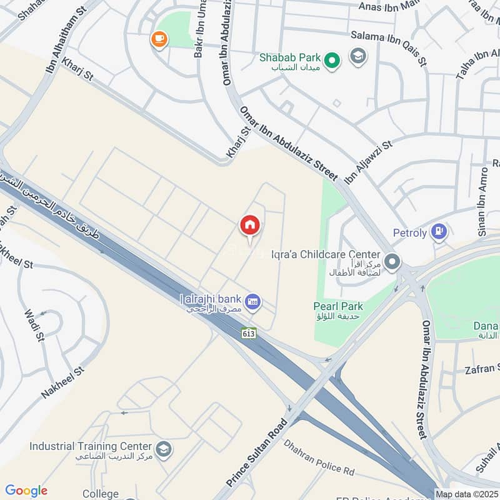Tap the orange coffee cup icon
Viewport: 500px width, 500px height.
(159, 39)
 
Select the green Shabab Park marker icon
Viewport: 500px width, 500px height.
(333, 60)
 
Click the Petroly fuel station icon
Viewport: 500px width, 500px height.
(439, 232)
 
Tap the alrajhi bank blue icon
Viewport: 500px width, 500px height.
(253, 302)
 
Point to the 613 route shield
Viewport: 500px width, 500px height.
(249, 333)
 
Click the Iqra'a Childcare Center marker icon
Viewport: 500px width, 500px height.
(392, 261)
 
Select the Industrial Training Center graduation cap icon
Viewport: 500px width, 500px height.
(164, 451)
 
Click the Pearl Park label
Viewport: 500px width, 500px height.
(337, 306)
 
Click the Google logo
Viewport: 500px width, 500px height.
(26, 491)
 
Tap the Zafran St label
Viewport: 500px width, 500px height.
(482, 369)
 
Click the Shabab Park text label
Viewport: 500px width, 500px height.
(290, 57)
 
